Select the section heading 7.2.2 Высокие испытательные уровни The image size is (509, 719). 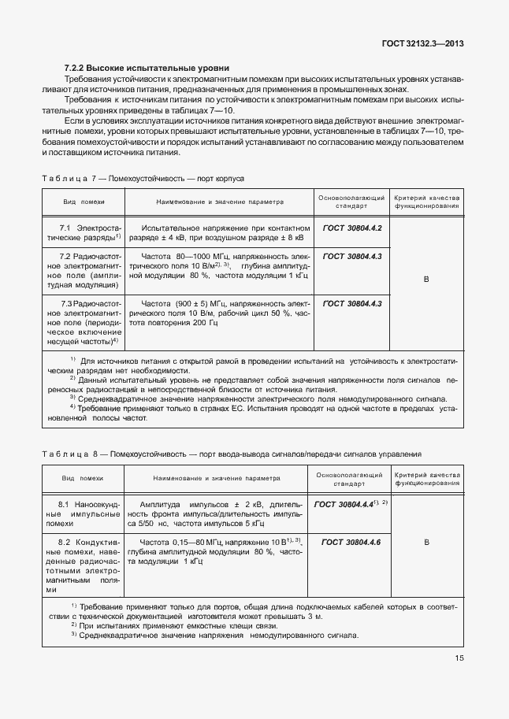click(147, 69)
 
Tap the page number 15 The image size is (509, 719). click(459, 681)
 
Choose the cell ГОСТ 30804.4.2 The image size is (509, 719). click(351, 228)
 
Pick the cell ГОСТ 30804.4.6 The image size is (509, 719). click(351, 543)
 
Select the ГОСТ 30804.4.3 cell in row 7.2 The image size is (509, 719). click(351, 257)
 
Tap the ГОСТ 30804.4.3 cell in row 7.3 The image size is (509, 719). click(351, 303)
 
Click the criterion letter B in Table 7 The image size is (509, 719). click(426, 280)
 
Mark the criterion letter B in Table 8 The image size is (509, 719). click(426, 543)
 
